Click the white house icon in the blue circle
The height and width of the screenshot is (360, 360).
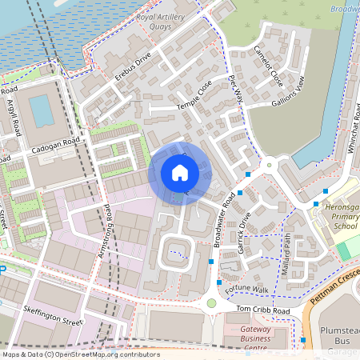click(x=180, y=172)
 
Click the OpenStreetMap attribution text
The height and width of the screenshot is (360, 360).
click(x=80, y=354)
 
